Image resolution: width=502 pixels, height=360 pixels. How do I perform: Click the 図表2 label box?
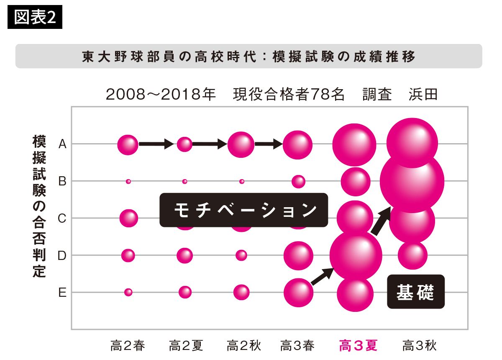click(x=35, y=17)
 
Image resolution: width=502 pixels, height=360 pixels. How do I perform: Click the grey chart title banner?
click(x=249, y=56)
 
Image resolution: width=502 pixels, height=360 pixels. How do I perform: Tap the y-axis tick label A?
click(x=62, y=144)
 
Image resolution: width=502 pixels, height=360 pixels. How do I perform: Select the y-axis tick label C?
click(x=62, y=218)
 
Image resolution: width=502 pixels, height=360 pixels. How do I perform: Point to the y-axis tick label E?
click(x=62, y=293)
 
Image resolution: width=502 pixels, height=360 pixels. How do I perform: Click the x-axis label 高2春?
click(x=128, y=345)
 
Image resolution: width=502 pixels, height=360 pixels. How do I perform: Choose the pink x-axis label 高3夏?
click(x=358, y=345)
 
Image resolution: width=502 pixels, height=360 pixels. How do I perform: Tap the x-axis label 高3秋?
click(x=419, y=345)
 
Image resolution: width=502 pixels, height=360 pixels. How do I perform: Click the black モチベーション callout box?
click(x=243, y=210)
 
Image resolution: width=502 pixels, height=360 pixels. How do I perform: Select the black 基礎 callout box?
click(x=416, y=292)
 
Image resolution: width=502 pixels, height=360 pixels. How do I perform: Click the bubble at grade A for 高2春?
click(x=128, y=145)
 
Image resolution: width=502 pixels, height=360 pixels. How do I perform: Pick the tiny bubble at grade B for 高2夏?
click(x=184, y=181)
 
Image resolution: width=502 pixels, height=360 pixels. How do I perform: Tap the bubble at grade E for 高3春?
click(x=299, y=293)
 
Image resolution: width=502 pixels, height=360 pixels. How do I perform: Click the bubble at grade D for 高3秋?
click(x=412, y=255)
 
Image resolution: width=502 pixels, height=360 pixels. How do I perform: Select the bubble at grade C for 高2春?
click(x=129, y=218)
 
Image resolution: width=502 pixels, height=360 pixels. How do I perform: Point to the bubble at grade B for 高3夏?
click(x=356, y=182)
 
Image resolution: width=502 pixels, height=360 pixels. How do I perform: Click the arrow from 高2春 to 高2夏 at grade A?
click(x=156, y=144)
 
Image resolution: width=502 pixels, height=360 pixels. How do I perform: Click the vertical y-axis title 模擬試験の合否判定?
click(x=39, y=206)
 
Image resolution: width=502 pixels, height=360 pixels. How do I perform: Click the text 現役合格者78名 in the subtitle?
click(x=288, y=94)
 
